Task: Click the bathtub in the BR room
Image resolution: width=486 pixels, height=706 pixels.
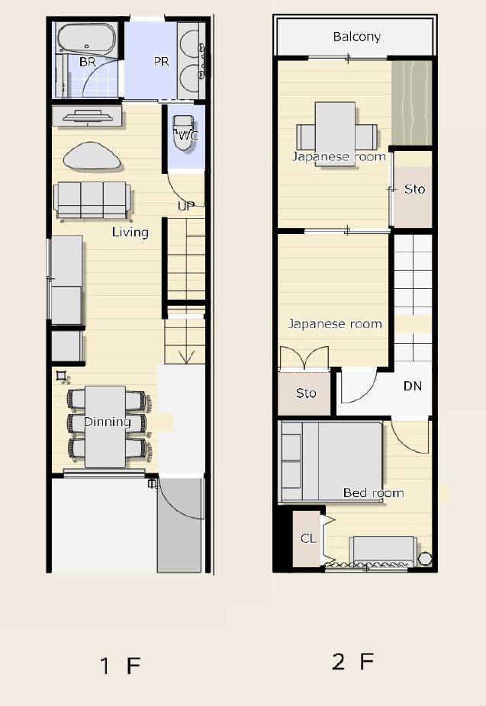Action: pos(86,38)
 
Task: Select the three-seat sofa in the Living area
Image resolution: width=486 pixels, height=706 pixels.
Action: pos(92,200)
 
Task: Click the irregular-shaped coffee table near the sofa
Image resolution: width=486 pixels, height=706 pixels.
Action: pos(92,156)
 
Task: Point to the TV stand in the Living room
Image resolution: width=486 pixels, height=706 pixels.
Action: pos(87,117)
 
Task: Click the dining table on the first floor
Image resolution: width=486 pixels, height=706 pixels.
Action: pos(105,426)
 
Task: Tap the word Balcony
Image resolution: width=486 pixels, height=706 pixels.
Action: pos(357,37)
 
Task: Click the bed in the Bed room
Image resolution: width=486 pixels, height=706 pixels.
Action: pos(332,461)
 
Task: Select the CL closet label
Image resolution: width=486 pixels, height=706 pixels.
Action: pos(308,538)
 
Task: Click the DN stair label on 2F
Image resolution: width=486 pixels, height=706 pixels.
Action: pos(413,386)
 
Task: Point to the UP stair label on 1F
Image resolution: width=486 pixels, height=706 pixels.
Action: pos(186,206)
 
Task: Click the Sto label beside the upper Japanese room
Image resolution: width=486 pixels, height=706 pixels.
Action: pos(414,189)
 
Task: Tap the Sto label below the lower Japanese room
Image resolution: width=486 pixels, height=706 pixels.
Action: pos(306,393)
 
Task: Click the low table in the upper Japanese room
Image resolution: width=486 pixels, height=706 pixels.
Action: pos(335,134)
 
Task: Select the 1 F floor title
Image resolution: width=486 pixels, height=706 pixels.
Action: pos(121,666)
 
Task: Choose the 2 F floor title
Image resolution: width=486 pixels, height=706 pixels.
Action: pos(352,662)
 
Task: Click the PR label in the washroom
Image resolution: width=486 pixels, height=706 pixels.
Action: pos(161,61)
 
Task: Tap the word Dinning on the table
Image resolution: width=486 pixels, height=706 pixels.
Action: pos(108,422)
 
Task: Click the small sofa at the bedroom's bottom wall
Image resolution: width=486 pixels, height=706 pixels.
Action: pos(384,550)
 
